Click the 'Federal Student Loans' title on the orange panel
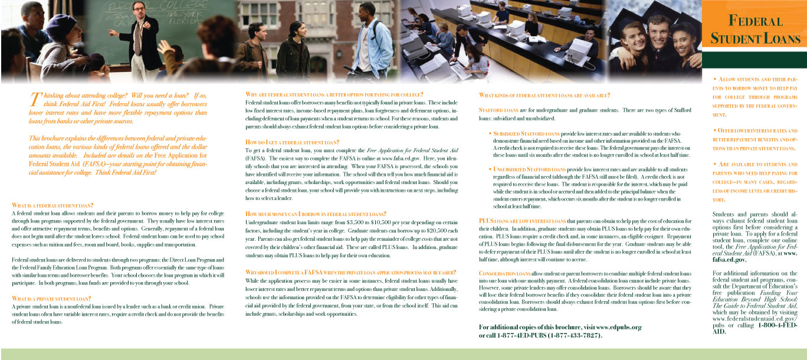click(x=755, y=30)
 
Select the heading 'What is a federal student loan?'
click(x=53, y=205)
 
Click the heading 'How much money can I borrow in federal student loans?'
click(x=316, y=214)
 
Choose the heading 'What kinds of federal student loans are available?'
click(x=544, y=96)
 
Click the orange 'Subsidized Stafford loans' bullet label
click(x=526, y=133)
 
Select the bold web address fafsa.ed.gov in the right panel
click(x=730, y=276)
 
